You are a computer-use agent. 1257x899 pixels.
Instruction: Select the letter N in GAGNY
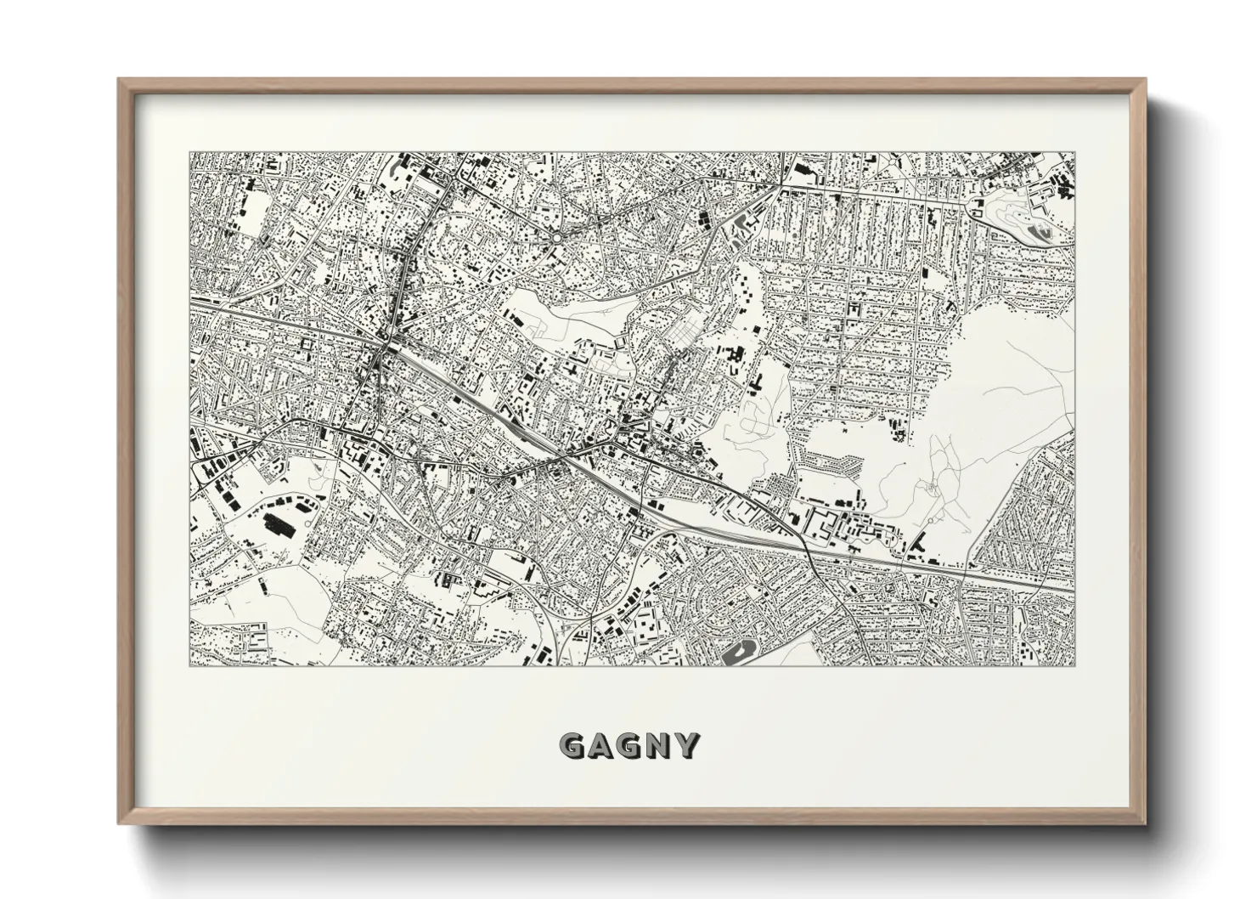pos(658,746)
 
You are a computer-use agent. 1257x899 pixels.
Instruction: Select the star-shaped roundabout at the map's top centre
pos(555,238)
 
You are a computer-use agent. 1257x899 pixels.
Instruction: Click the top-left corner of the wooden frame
pos(120,80)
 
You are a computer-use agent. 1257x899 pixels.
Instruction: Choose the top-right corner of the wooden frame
pos(1144,80)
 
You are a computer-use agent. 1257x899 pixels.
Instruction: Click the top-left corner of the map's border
pos(189,153)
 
